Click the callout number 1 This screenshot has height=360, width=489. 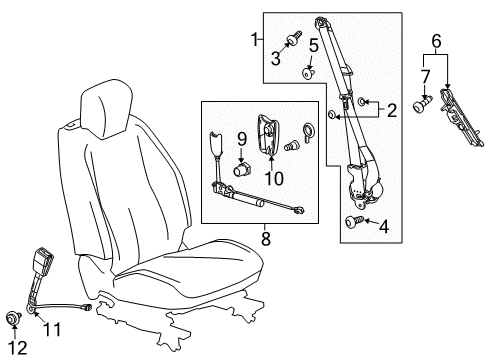[254, 40]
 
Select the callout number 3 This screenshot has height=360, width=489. [275, 59]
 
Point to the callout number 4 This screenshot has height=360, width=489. [383, 226]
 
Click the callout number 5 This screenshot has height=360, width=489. [312, 45]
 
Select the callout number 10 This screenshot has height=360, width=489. [273, 178]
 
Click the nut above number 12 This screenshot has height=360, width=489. [14, 319]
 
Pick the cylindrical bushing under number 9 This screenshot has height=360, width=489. [240, 170]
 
